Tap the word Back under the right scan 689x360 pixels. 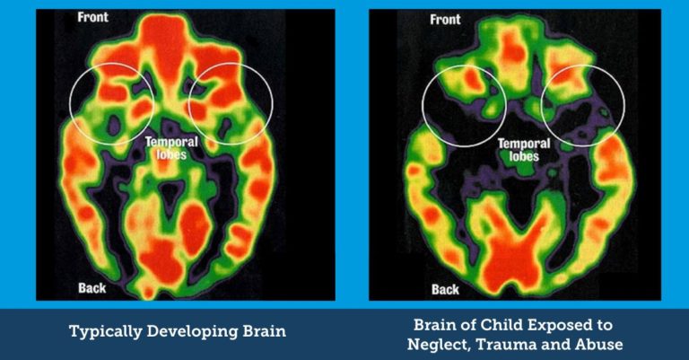(x=445, y=289)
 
